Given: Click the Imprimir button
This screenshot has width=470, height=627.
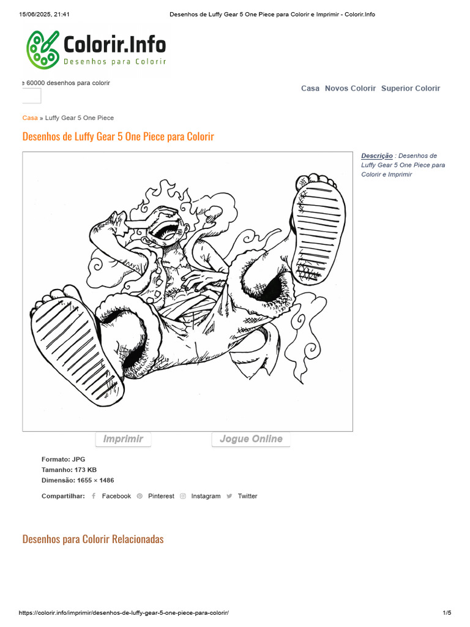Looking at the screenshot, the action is point(123,439).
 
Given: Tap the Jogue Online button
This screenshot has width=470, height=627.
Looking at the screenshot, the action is point(251,439).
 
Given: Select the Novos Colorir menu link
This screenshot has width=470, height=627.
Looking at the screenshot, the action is point(350,88).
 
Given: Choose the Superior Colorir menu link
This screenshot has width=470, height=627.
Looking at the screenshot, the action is point(411,88).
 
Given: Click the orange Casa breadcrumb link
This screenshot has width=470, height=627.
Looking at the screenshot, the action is point(30,118).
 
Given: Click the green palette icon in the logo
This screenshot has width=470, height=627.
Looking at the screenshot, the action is point(43,50).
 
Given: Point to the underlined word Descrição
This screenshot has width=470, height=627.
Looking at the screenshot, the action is point(377,156).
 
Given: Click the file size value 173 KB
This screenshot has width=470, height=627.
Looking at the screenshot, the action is point(86,470).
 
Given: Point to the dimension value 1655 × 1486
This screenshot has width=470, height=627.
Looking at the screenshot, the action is point(95,480).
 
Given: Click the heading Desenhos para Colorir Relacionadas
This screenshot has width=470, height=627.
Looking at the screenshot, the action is point(93,539).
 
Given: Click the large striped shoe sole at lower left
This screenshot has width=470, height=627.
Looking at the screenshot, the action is point(76,352).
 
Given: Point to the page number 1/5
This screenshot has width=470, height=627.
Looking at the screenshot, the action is point(447,612).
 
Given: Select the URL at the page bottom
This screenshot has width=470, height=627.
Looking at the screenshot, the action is point(124,612).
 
